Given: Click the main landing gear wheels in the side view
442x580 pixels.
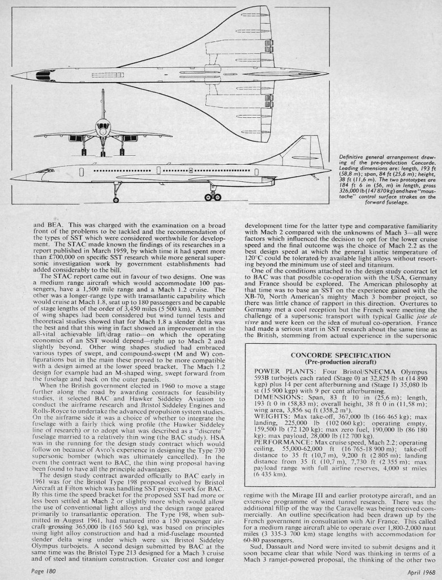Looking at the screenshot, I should [213, 197].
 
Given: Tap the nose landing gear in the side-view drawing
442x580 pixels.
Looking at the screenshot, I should [116, 196].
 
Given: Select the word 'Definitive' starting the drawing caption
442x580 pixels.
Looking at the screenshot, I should [351, 156].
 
